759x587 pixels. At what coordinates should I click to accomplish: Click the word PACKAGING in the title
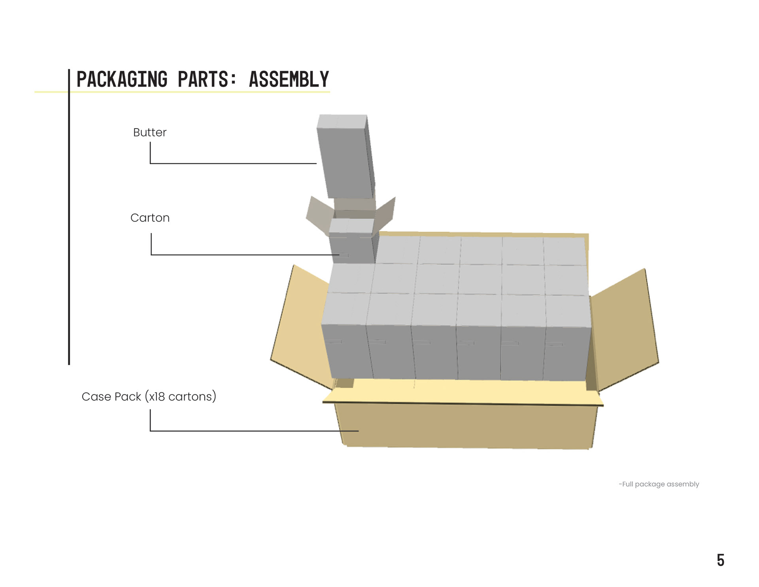click(122, 80)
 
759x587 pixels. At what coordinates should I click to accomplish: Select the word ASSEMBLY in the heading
click(289, 80)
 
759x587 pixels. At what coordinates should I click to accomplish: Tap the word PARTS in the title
click(203, 80)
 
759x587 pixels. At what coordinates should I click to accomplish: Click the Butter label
click(149, 132)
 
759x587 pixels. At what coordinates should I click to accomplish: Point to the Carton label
click(150, 218)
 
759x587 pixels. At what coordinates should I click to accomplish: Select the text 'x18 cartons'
click(181, 396)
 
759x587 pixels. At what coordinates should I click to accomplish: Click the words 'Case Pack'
click(111, 396)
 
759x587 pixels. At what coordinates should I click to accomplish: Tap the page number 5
click(720, 560)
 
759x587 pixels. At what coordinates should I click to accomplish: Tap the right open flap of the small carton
click(386, 214)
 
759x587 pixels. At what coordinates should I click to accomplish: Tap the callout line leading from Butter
click(233, 163)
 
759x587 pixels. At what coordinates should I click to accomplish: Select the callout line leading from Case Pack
click(253, 431)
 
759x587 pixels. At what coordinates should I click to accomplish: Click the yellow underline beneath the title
click(182, 92)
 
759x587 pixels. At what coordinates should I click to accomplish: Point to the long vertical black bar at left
click(69, 218)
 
